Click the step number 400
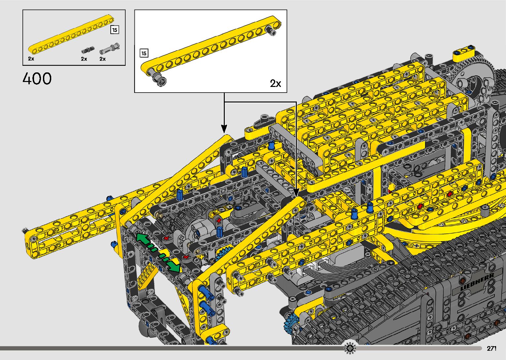[x=37, y=79]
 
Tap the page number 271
[x=491, y=348]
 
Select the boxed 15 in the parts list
[x=114, y=30]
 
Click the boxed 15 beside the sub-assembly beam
[x=144, y=53]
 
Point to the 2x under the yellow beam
[x=31, y=59]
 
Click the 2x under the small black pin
[x=84, y=59]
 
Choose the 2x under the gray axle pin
[x=102, y=59]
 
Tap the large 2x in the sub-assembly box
[x=275, y=83]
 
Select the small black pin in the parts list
[x=87, y=50]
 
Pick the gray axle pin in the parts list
[x=110, y=48]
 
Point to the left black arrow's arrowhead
[x=224, y=129]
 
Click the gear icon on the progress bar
[x=350, y=348]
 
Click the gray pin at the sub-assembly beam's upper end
[x=272, y=31]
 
